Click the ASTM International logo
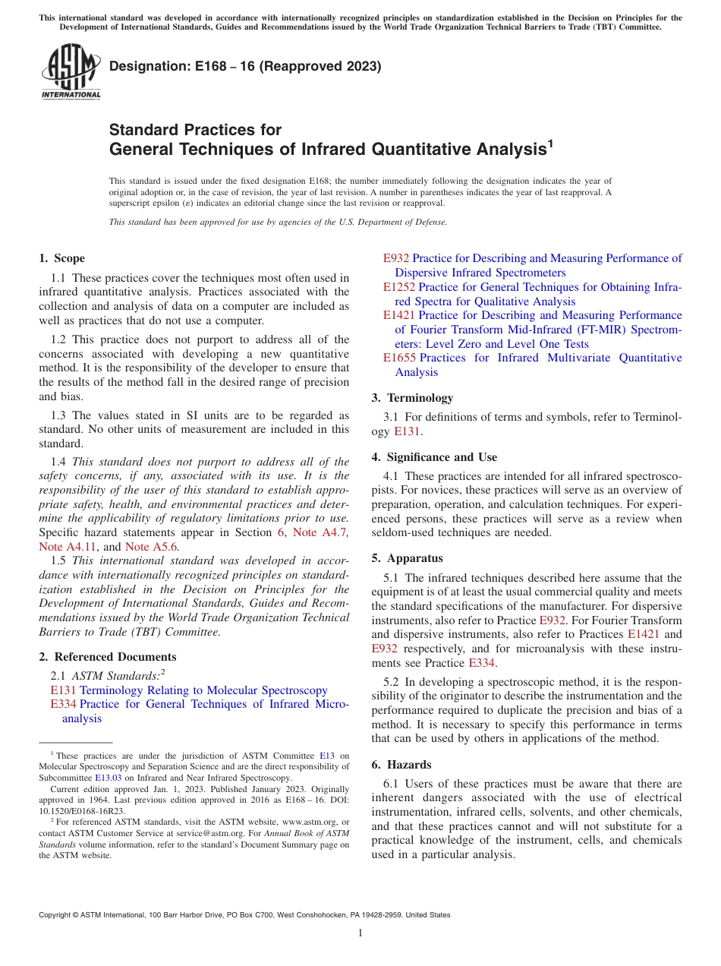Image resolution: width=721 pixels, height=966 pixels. pos(70,71)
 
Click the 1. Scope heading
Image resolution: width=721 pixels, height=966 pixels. pos(62,258)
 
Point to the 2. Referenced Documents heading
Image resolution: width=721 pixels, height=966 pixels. pos(108,657)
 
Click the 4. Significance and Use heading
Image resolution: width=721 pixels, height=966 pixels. pos(434,457)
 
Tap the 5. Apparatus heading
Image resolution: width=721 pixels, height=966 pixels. pos(407,558)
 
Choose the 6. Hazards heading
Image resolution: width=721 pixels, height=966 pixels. pos(401,765)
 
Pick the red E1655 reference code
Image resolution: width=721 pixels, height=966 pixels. pos(399,358)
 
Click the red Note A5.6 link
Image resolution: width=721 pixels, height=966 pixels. pos(152,547)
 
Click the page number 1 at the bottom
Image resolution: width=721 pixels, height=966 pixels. pos(360,933)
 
